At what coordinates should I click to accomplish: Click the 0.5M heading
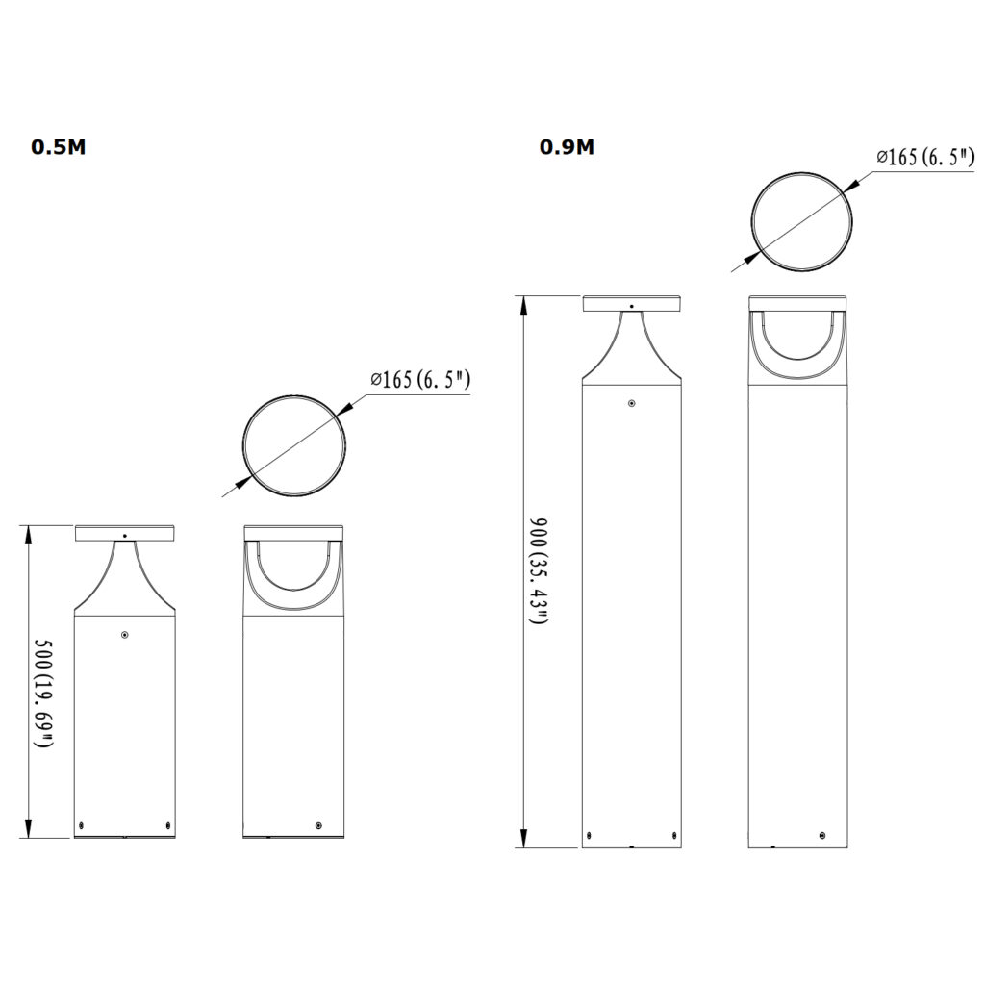pos(58,147)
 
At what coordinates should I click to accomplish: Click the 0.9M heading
pos(566,147)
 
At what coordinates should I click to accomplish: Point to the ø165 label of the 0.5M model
pos(420,379)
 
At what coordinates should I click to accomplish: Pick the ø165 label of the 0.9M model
pos(926,157)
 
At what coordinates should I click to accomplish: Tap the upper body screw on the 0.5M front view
pos(125,634)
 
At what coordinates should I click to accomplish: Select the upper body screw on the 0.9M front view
pos(631,404)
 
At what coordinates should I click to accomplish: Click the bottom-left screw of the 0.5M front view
pos(83,825)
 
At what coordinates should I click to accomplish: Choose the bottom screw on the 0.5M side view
pos(318,825)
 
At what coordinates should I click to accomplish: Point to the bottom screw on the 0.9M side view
pos(823,835)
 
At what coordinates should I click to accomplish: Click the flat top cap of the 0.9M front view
pos(631,303)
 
